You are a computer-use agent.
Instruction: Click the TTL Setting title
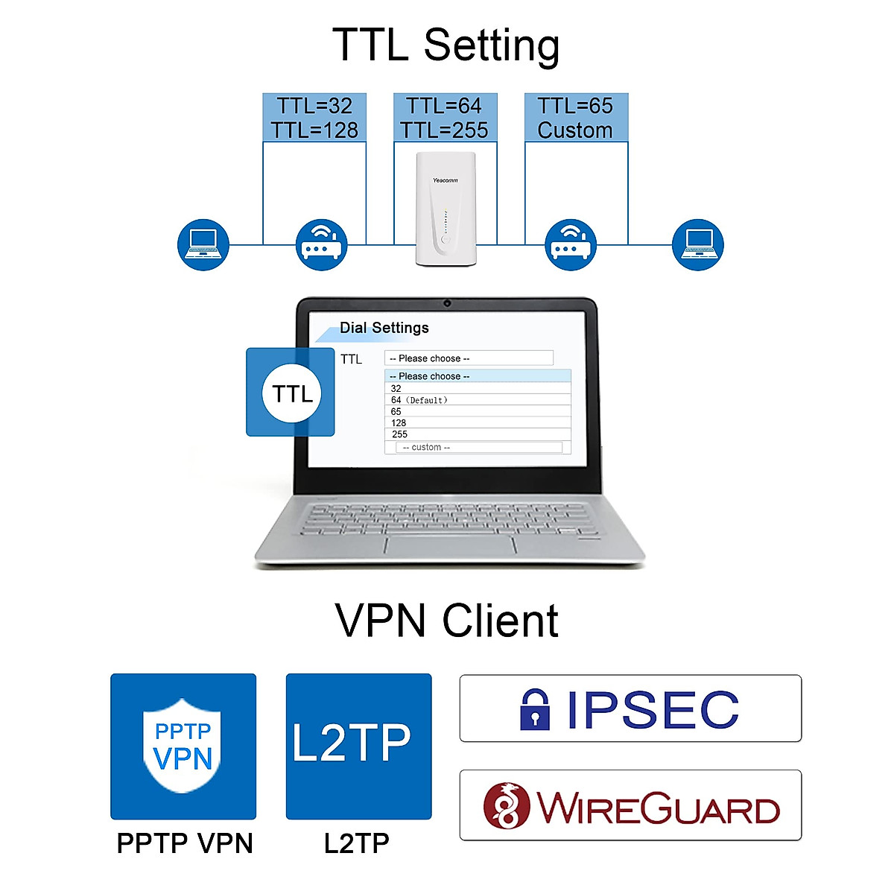coord(446,45)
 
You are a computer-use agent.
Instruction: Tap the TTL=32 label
coord(314,106)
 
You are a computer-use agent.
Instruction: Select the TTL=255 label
coord(444,130)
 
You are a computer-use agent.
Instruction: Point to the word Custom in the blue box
coord(575,130)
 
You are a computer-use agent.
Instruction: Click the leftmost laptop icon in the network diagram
coord(203,244)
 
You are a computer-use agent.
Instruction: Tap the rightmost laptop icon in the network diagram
coord(697,244)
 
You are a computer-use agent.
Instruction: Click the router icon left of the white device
coord(321,244)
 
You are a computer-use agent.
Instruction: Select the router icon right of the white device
coord(571,244)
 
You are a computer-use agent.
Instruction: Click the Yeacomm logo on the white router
coord(445,180)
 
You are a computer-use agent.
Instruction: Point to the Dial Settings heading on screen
coord(384,328)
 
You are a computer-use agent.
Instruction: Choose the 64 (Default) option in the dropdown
coord(419,400)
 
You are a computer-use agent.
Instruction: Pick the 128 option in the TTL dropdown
coord(399,423)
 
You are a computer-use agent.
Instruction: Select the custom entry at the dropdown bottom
coord(426,448)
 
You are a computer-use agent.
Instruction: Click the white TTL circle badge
coord(291,393)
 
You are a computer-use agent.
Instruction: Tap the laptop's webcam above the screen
coord(447,303)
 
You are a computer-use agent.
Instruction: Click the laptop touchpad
coord(450,543)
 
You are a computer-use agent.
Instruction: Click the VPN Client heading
coord(446,621)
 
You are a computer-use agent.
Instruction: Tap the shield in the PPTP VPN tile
coord(183,745)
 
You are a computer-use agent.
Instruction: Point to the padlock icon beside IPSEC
coord(535,708)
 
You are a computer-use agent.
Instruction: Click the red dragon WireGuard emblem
coord(507,806)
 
